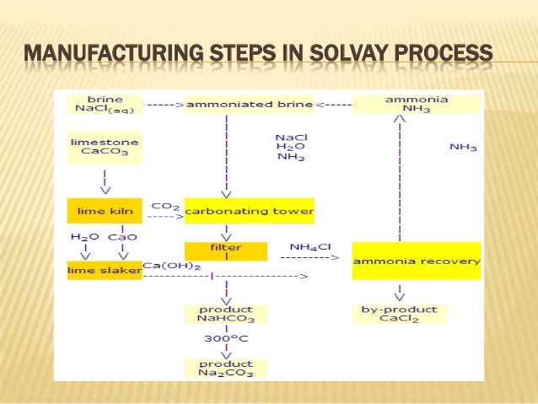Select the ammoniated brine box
[x=249, y=105]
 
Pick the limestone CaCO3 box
[x=105, y=146]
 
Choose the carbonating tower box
[x=249, y=211]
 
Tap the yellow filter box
[x=226, y=250]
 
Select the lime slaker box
[x=105, y=272]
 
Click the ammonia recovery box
[x=416, y=261]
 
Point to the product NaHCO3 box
[x=226, y=314]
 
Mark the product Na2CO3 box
[x=226, y=368]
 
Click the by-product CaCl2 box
[x=398, y=314]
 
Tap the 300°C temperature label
[x=226, y=341]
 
